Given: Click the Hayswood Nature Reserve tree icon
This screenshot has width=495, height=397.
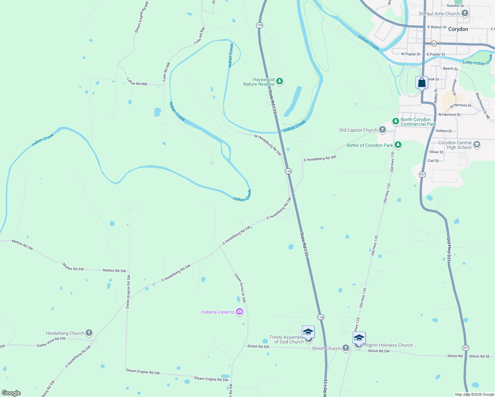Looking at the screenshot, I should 280,81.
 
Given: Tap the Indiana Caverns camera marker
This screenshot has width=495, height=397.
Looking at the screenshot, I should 240,312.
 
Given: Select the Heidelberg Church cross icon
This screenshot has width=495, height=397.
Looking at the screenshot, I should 89,333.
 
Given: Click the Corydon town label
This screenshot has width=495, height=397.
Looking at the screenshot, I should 458,29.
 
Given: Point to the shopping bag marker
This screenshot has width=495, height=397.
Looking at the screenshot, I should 422,83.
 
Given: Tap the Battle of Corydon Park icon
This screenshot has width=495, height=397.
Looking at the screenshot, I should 398,145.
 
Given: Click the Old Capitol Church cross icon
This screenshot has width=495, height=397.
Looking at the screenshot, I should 382,130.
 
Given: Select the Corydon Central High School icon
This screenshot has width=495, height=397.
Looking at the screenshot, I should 477,145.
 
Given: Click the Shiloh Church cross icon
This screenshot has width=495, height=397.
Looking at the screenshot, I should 345,348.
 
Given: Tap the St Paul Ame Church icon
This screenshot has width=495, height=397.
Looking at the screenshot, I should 465,13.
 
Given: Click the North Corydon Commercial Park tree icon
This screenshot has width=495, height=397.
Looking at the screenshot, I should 395,121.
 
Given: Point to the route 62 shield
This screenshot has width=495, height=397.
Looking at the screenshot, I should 434,43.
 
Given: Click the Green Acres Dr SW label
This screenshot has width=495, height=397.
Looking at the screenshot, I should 241,288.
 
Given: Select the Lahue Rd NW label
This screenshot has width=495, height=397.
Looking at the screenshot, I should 137,82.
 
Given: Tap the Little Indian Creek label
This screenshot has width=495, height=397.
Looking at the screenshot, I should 478,61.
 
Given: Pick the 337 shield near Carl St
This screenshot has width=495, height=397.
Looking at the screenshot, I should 422,174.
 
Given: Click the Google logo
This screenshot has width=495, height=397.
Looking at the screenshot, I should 11,393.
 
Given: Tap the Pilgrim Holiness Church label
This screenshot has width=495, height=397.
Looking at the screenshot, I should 388,345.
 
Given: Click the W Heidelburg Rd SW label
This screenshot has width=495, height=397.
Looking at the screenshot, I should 268,145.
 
